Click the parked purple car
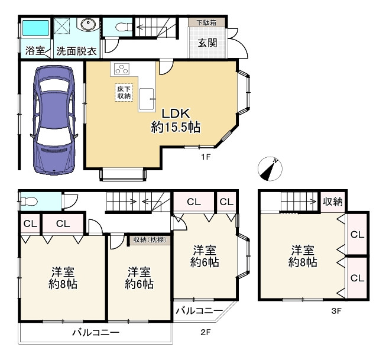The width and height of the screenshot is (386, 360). (x=54, y=120)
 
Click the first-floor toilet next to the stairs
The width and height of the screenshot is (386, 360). (x=121, y=27)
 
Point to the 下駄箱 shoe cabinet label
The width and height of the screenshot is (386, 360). (x=206, y=22)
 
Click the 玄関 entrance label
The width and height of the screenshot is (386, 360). (x=207, y=43)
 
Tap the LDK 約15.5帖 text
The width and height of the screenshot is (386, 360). (x=176, y=120)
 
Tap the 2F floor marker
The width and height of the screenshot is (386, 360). (x=205, y=332)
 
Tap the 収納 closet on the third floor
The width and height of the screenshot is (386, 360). (x=333, y=202)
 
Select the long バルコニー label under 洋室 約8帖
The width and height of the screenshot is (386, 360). (x=96, y=333)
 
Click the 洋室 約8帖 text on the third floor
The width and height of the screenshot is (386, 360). (x=303, y=255)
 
